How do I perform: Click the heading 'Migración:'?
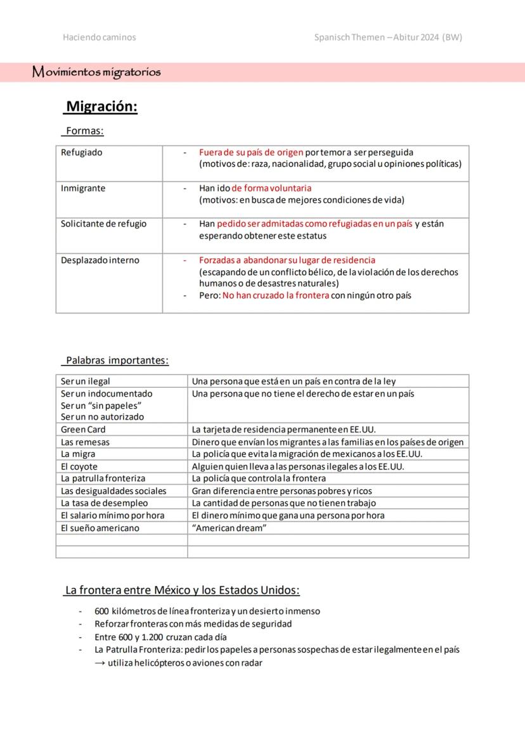pos(101,106)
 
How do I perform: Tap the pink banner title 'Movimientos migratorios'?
pos(96,72)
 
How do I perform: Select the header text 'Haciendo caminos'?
pos(99,37)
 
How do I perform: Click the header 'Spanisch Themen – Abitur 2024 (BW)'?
pos(388,37)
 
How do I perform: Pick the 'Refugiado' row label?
pos(81,153)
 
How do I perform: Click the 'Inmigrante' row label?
pos(83,188)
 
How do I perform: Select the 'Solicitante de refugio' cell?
pos(103,224)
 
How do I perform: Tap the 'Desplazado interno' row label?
pos(100,260)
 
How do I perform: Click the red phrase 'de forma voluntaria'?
pos(271,188)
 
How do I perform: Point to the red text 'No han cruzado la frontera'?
pos(276,296)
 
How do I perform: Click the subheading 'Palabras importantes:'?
pos(117,361)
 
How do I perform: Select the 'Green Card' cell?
pos(83,430)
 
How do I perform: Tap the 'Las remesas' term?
pos(85,442)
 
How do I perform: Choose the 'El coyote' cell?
pos(79,467)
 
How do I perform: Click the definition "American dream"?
pos(229,528)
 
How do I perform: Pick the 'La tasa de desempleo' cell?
pos(104,503)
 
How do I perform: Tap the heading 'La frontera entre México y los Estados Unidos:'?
pos(183,591)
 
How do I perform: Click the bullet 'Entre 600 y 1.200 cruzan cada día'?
pos(160,637)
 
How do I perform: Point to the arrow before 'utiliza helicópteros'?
pos(100,663)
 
